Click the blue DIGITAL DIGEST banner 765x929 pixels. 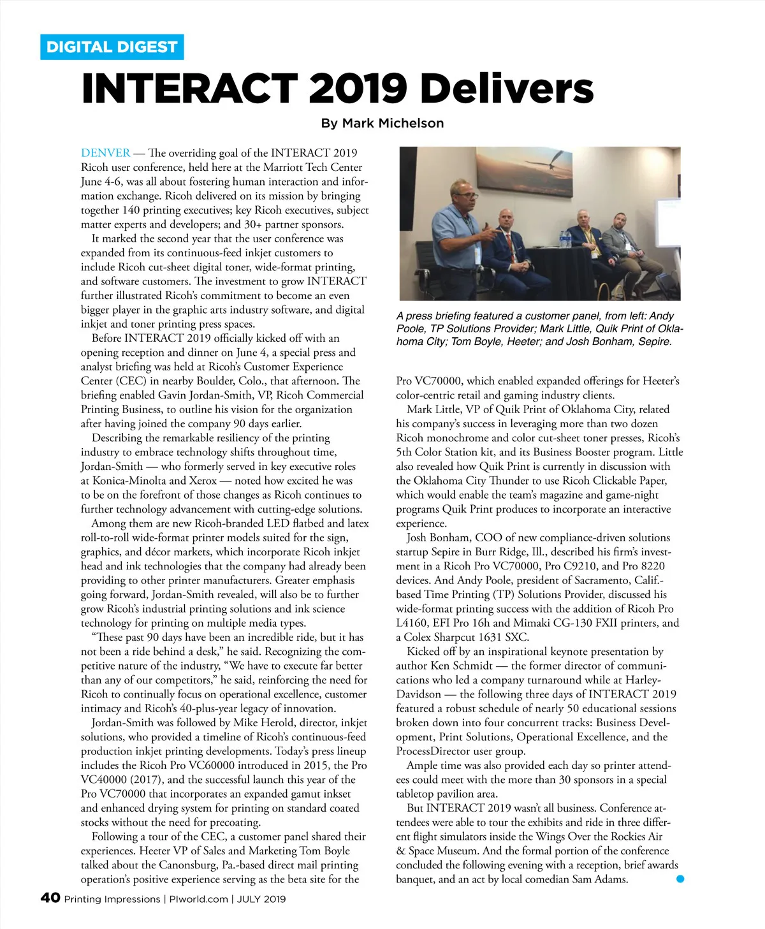[x=112, y=47]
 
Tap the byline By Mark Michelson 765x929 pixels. [x=382, y=123]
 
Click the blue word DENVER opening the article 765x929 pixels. [x=105, y=153]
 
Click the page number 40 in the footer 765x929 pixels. [x=50, y=898]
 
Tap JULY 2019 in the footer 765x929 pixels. [x=261, y=899]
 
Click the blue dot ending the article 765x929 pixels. [x=680, y=879]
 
